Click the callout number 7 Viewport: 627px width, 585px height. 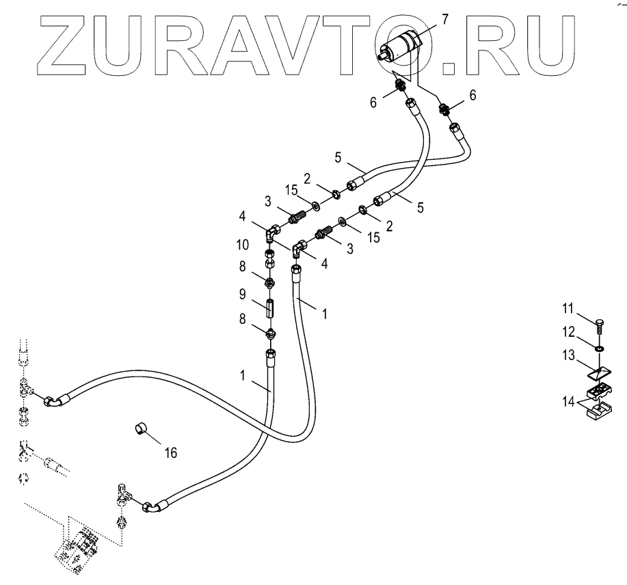(x=444, y=18)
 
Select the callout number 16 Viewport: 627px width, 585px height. (x=169, y=452)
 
